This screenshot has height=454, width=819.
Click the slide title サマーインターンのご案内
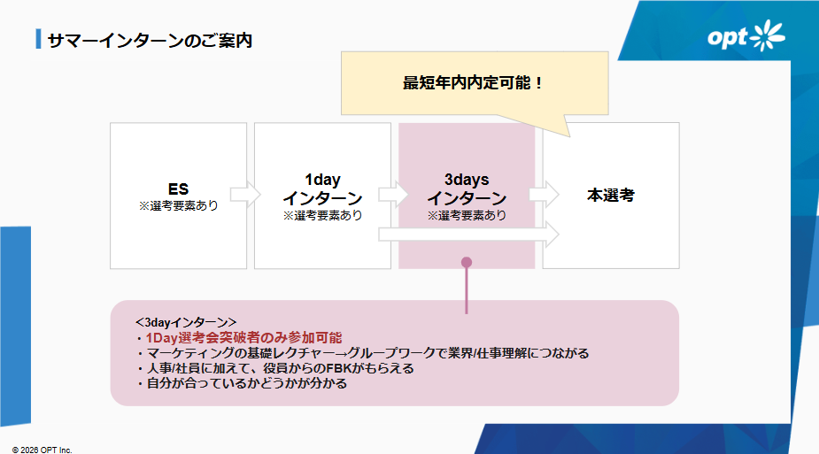150,40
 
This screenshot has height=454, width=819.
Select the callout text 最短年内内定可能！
473,83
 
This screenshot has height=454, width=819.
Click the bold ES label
178,189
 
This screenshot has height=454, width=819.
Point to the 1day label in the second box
322,180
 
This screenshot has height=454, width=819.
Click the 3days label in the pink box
467,180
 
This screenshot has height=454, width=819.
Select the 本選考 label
611,195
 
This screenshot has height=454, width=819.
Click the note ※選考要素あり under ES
178,205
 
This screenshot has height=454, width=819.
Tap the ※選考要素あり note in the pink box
467,215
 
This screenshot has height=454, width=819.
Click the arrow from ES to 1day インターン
245,195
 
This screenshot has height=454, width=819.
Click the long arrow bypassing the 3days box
469,235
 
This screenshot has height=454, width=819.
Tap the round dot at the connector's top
467,263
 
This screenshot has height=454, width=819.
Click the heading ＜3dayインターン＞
186,322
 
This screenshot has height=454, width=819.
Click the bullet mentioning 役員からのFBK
274,368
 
